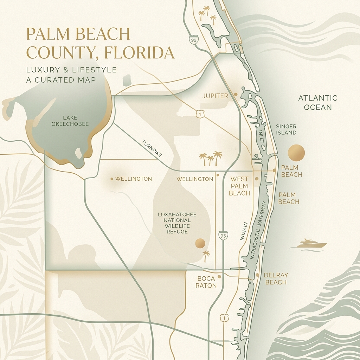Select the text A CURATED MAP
61,80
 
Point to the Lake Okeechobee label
70,121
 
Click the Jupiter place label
216,96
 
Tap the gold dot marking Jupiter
236,95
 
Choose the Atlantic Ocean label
317,102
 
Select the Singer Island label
286,129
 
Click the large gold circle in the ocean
296,153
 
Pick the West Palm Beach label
239,186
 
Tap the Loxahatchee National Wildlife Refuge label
177,223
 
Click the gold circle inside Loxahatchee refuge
200,243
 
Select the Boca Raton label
206,282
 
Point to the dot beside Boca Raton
219,277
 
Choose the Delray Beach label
276,278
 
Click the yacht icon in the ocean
310,244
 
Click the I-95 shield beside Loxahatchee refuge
223,235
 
